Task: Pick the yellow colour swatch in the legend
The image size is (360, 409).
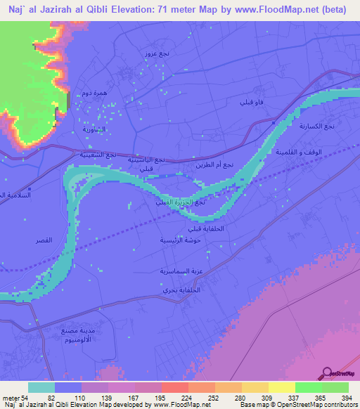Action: pos(281,387)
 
